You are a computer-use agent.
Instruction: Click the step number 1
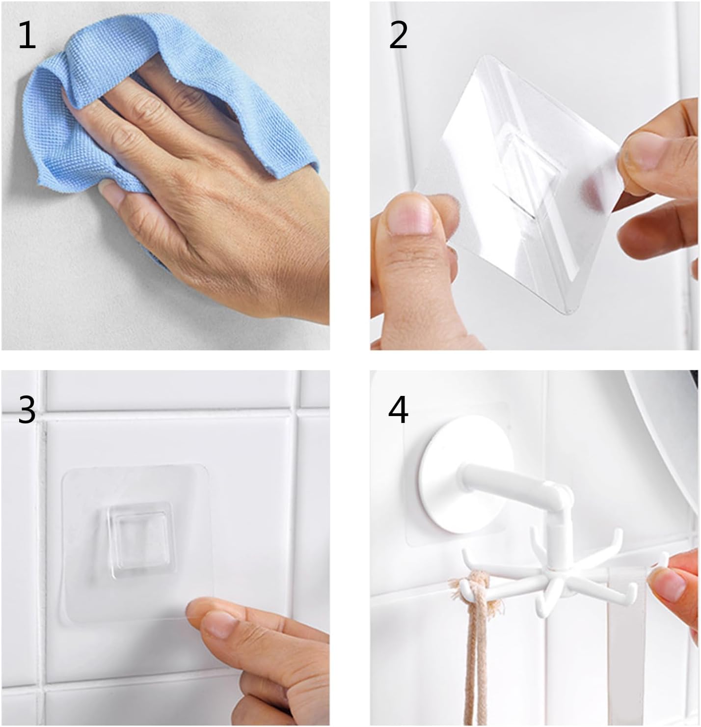coord(27,35)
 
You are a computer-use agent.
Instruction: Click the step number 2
coord(398,35)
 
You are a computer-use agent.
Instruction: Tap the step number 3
coord(27,410)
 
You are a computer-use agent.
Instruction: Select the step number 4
coord(398,410)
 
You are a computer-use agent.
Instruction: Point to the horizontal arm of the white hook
coord(504,484)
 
